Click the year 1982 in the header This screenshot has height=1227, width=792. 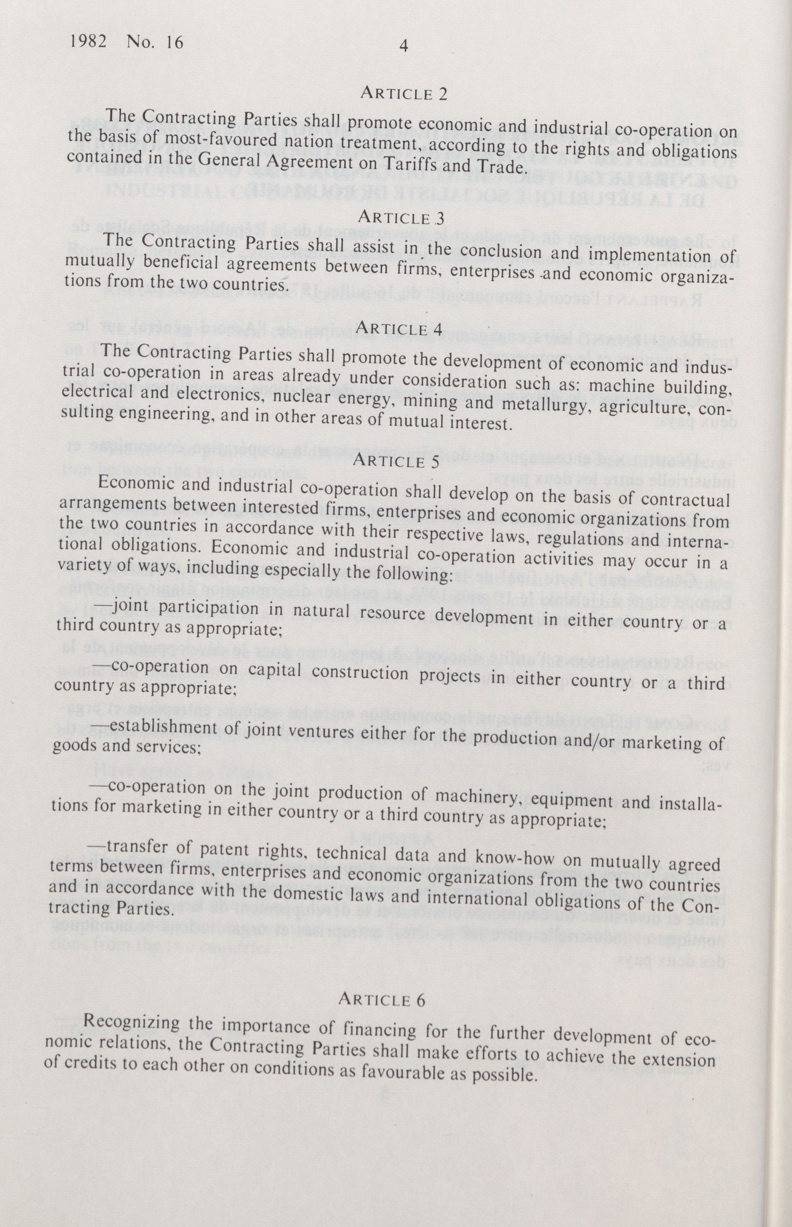(88, 41)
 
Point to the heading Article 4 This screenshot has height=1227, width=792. (399, 328)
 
